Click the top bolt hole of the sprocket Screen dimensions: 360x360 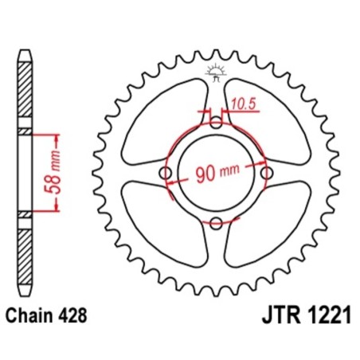point(216,123)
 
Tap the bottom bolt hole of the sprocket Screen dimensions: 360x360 point(216,224)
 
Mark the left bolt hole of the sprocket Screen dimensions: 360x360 point(166,174)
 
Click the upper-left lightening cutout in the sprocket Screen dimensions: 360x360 point(158,115)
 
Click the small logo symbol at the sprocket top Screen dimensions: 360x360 point(216,72)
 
